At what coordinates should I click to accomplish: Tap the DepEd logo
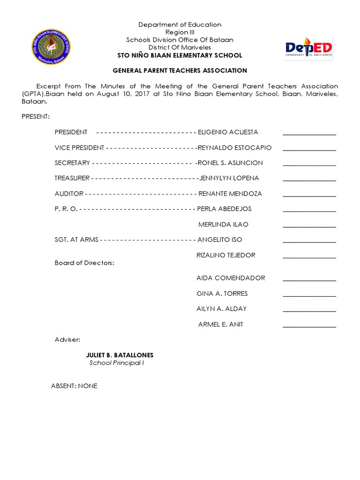coord(309,48)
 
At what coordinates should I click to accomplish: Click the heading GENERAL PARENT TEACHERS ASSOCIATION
coord(180,71)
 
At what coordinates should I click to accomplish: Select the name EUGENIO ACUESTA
coord(228,132)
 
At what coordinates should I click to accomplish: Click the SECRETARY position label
coord(72,163)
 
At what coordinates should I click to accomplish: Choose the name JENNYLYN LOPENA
coord(229,178)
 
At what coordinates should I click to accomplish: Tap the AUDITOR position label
coord(69,194)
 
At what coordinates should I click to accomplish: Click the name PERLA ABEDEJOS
coord(225,209)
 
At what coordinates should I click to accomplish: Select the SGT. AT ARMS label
coord(76,240)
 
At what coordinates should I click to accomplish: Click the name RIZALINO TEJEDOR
coord(226,255)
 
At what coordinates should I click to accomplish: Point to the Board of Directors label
coord(84,263)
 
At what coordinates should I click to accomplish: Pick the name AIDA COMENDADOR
coord(231,278)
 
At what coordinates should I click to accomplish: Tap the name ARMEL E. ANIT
coord(221,324)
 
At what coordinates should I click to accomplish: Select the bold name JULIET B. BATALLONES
coord(120,355)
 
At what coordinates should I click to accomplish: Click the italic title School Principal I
coord(117,363)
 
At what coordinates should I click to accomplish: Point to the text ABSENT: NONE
coord(74,386)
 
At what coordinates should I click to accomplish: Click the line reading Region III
coord(180,32)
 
